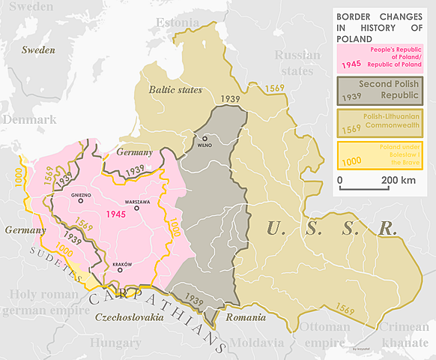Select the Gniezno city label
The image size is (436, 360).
[80, 195]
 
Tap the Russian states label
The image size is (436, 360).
[297, 63]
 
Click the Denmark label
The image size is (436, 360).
[30, 120]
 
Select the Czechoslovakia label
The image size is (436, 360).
[130, 318]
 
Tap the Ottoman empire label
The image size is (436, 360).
[324, 335]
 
